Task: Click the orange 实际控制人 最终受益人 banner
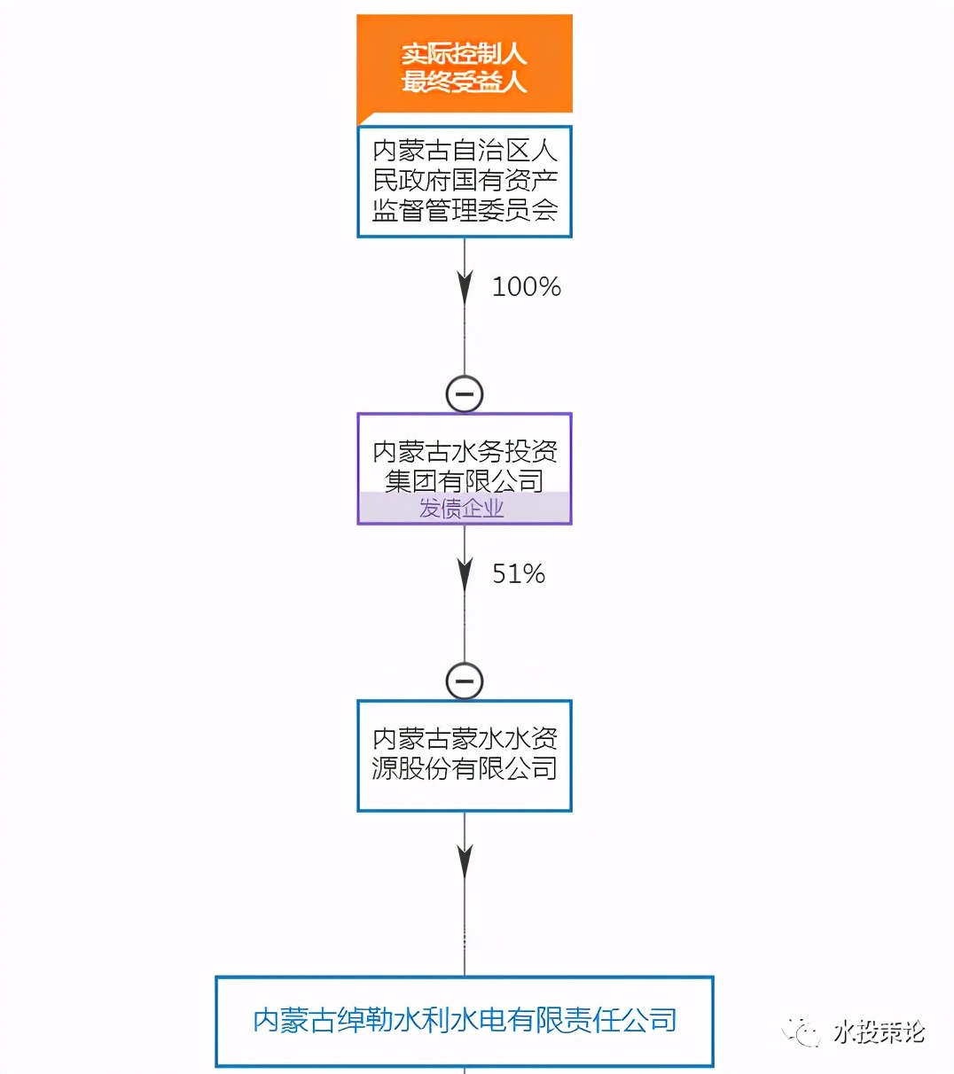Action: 464,64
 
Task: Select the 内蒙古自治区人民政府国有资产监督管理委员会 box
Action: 464,181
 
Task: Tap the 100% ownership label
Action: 526,287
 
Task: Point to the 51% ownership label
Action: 519,574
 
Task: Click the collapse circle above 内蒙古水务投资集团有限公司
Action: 465,393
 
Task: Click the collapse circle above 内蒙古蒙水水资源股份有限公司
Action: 465,681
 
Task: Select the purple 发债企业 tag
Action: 462,509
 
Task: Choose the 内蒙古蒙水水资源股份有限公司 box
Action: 464,755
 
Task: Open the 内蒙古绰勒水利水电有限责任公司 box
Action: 465,1021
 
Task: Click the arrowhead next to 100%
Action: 465,286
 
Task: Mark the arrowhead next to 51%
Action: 465,573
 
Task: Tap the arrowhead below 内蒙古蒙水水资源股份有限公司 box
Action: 465,860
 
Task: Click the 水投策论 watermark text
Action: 879,1032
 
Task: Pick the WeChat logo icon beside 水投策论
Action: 803,1032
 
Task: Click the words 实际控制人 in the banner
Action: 464,53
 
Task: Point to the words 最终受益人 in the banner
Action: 464,82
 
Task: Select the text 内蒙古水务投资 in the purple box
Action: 465,452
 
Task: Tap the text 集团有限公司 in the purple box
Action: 465,480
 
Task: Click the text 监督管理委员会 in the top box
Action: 465,210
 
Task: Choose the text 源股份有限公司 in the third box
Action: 465,768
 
